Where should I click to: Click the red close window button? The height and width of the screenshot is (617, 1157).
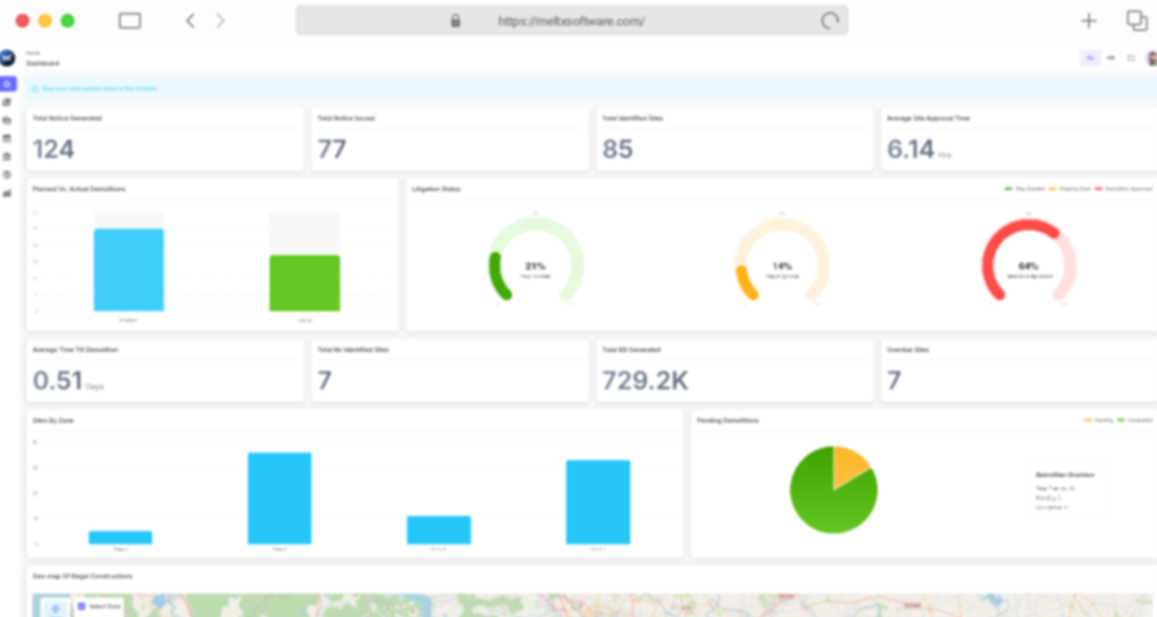[23, 21]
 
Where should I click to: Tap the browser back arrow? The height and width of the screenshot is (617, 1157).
[190, 21]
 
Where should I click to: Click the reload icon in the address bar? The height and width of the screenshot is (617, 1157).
[829, 21]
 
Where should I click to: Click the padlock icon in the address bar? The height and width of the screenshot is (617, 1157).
[455, 21]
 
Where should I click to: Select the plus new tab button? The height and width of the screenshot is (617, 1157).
[1089, 21]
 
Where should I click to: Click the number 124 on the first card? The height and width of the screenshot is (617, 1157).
[54, 149]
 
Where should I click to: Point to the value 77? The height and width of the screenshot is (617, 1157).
[332, 149]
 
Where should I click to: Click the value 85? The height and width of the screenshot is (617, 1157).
[617, 149]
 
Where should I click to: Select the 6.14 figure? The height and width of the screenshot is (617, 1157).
[910, 149]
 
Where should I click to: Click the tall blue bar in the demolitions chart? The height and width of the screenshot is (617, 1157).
[129, 269]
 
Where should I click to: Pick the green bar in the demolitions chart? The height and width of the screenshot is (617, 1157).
[304, 283]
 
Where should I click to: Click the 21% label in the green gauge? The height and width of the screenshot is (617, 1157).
[535, 266]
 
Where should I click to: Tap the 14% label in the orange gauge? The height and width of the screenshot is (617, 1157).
[782, 266]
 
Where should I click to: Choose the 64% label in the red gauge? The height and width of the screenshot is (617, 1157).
[1028, 266]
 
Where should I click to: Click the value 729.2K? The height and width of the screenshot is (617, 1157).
[645, 381]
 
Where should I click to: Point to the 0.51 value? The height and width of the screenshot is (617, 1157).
[57, 381]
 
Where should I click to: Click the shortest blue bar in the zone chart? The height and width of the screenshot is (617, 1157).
[120, 537]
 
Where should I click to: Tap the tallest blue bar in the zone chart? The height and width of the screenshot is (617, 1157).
[279, 498]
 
